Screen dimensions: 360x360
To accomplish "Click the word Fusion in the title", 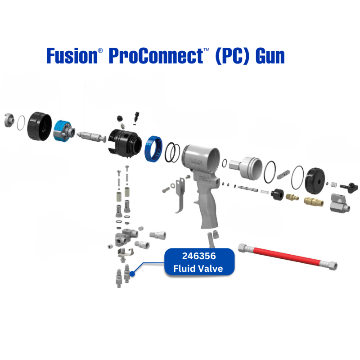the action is point(70,56).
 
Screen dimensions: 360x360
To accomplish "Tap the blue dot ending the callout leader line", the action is point(133,273).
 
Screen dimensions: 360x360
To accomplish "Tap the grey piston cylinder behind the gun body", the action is point(245,167).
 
